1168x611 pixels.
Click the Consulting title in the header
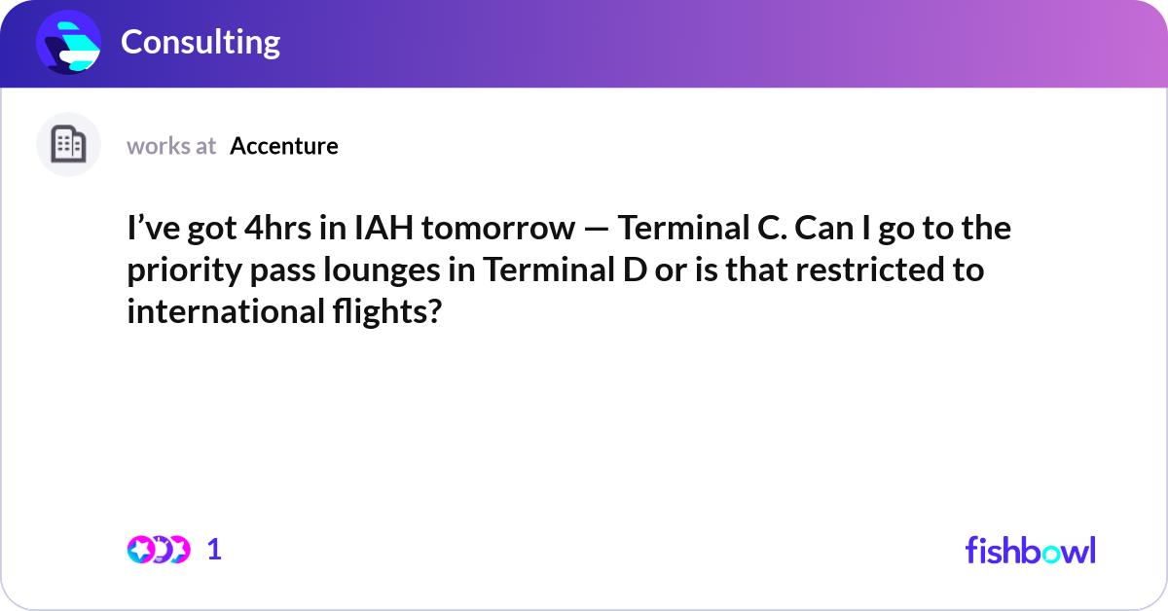click(x=201, y=42)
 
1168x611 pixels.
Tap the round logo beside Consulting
click(x=69, y=43)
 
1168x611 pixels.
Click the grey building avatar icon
click(x=68, y=145)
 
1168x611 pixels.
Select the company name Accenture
click(x=284, y=146)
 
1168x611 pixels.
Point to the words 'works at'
click(x=171, y=146)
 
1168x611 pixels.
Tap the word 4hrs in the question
click(x=296, y=229)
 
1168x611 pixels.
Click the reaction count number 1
click(x=214, y=550)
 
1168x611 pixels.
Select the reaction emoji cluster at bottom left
click(x=158, y=550)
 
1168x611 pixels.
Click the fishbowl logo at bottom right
click(x=1030, y=550)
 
